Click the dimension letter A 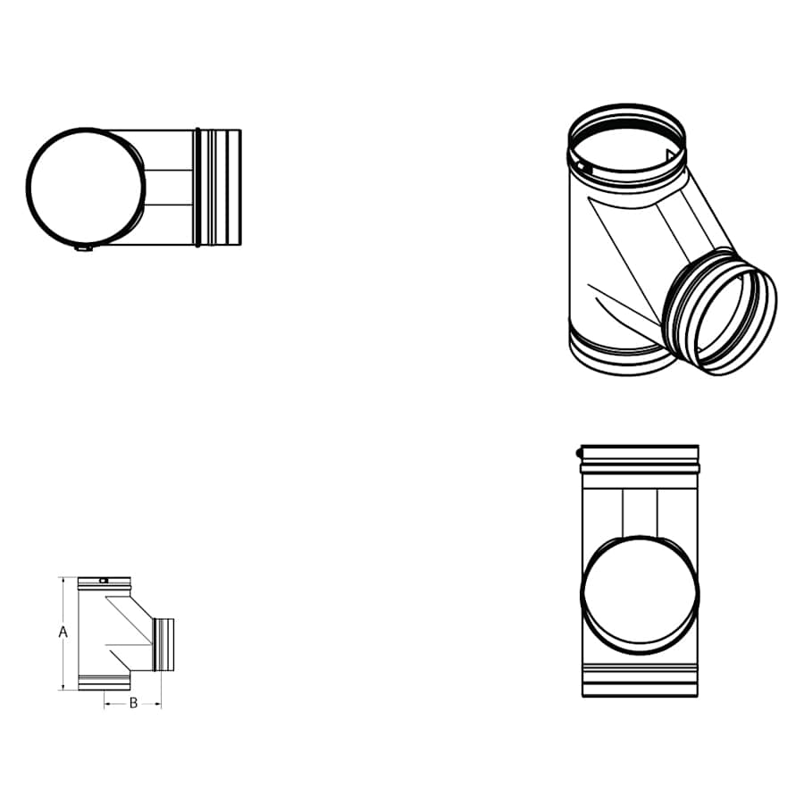pos(63,632)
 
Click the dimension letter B pos(133,703)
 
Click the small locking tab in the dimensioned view pos(105,581)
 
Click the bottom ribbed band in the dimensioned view pos(105,683)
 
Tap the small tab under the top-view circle pos(82,250)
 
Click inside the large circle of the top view pos(86,187)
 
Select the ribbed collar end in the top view pos(217,188)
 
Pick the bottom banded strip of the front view pos(640,680)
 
